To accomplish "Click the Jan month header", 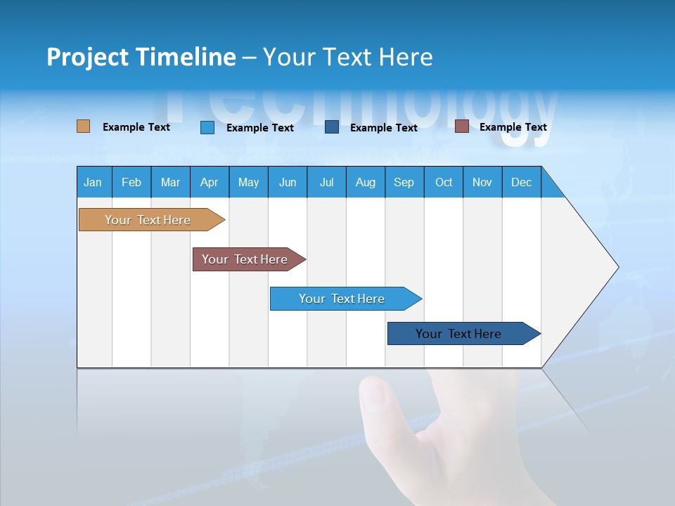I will click(94, 182).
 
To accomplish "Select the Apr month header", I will click(210, 182).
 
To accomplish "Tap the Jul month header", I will click(326, 182).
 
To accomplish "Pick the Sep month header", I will click(404, 182).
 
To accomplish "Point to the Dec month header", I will click(521, 182).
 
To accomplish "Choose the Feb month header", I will click(131, 182).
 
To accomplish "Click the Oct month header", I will click(444, 182).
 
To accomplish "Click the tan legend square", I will click(84, 126).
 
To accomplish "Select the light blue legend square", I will click(207, 127).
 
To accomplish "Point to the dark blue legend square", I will click(332, 127).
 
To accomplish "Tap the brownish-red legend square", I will click(462, 126).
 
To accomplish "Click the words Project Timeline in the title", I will click(141, 57).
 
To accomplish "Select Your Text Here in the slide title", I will click(348, 57).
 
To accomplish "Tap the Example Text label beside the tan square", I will click(136, 127).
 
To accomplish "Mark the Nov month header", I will click(482, 182).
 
